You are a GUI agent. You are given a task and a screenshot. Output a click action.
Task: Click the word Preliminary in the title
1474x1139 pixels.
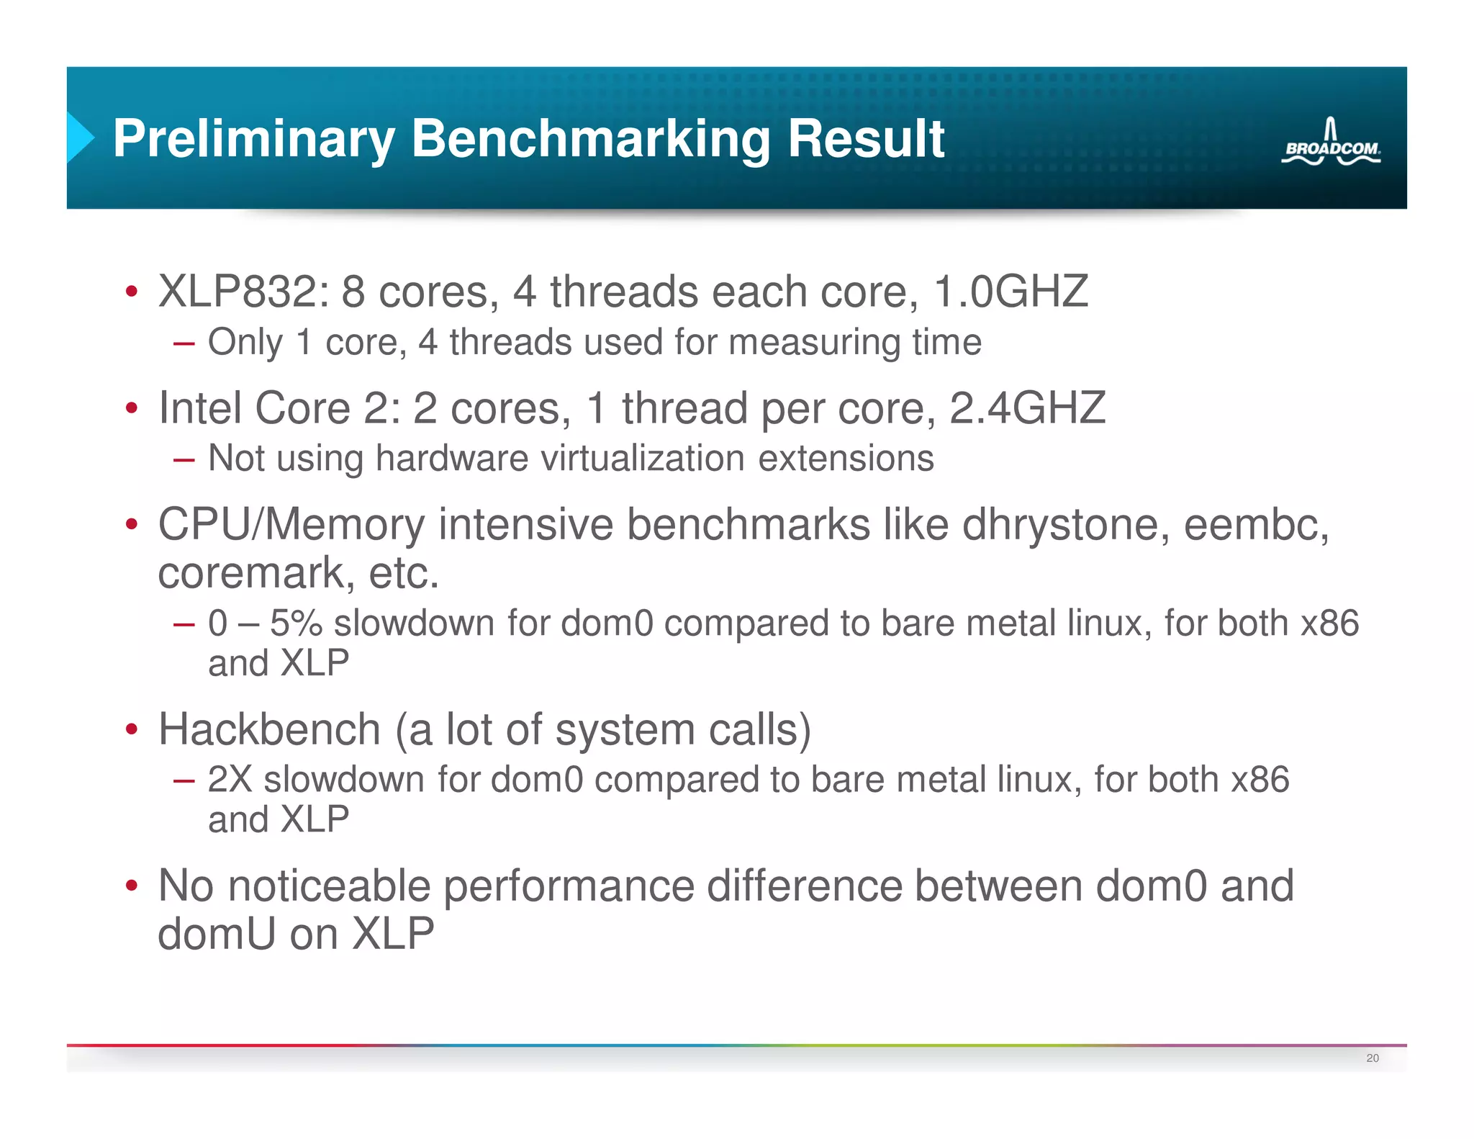click(x=253, y=138)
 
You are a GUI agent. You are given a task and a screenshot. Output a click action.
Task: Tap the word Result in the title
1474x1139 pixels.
click(x=866, y=138)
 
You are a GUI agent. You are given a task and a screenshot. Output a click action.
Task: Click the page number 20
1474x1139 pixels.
click(x=1372, y=1058)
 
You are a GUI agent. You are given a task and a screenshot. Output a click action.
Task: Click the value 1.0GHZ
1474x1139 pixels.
click(x=1010, y=292)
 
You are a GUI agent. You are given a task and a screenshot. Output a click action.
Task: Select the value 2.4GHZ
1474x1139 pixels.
click(x=1027, y=408)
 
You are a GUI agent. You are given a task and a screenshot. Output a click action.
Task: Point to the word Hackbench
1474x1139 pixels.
click(x=269, y=729)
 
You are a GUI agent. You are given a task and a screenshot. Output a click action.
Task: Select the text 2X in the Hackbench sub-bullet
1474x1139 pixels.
click(x=230, y=780)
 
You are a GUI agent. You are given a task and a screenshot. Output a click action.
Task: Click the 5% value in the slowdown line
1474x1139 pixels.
click(x=296, y=623)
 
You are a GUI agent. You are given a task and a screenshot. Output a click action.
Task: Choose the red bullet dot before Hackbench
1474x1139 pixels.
click(x=131, y=729)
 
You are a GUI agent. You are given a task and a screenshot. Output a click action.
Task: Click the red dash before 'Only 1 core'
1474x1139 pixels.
click(x=184, y=343)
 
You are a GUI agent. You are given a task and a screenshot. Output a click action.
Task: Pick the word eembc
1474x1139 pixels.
click(x=1255, y=524)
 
